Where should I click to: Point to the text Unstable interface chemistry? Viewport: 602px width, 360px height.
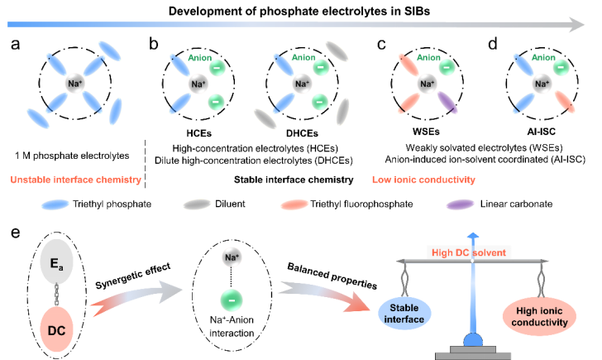pyautogui.click(x=75, y=180)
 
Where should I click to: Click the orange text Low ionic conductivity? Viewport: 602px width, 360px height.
pyautogui.click(x=423, y=180)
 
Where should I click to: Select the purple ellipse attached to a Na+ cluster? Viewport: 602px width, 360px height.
pyautogui.click(x=447, y=102)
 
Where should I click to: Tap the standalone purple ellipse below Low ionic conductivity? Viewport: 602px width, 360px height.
pyautogui.click(x=460, y=204)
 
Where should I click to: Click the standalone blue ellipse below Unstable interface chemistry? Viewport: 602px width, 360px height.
pyautogui.click(x=55, y=204)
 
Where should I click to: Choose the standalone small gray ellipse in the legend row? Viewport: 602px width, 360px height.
pyautogui.click(x=197, y=204)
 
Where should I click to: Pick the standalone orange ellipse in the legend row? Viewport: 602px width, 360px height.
pyautogui.click(x=294, y=204)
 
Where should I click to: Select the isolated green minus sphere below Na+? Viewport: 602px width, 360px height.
pyautogui.click(x=232, y=299)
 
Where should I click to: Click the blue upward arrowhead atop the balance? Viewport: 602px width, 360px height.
pyautogui.click(x=472, y=236)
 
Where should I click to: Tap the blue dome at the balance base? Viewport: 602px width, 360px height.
pyautogui.click(x=472, y=338)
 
